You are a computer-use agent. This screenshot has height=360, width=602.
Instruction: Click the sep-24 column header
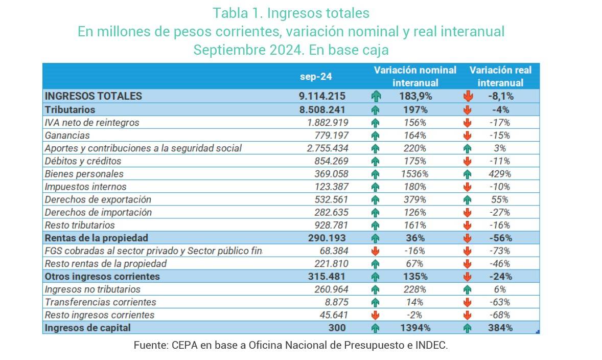click(316, 76)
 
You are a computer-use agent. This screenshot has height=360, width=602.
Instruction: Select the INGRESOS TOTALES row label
click(94, 96)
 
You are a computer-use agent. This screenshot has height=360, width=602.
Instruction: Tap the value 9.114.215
click(322, 96)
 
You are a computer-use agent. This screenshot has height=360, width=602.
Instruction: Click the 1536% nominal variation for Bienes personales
click(414, 174)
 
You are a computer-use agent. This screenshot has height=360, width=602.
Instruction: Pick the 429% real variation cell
click(500, 174)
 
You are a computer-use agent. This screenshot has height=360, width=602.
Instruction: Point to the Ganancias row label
click(67, 136)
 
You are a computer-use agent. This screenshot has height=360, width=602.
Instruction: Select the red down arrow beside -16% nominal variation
click(376, 251)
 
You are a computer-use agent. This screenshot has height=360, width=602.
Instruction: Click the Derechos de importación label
click(98, 212)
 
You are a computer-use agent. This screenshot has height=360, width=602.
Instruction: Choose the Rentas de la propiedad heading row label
click(97, 238)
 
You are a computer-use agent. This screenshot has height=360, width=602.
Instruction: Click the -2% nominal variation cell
click(414, 315)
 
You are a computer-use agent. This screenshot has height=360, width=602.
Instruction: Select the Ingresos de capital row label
click(88, 328)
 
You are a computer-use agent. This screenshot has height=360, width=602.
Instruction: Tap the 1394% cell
click(414, 328)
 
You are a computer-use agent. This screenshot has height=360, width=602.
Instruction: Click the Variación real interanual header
click(500, 76)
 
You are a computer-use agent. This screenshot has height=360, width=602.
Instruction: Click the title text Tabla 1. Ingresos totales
click(291, 12)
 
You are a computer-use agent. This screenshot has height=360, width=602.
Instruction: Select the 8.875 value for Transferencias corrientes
click(337, 302)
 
